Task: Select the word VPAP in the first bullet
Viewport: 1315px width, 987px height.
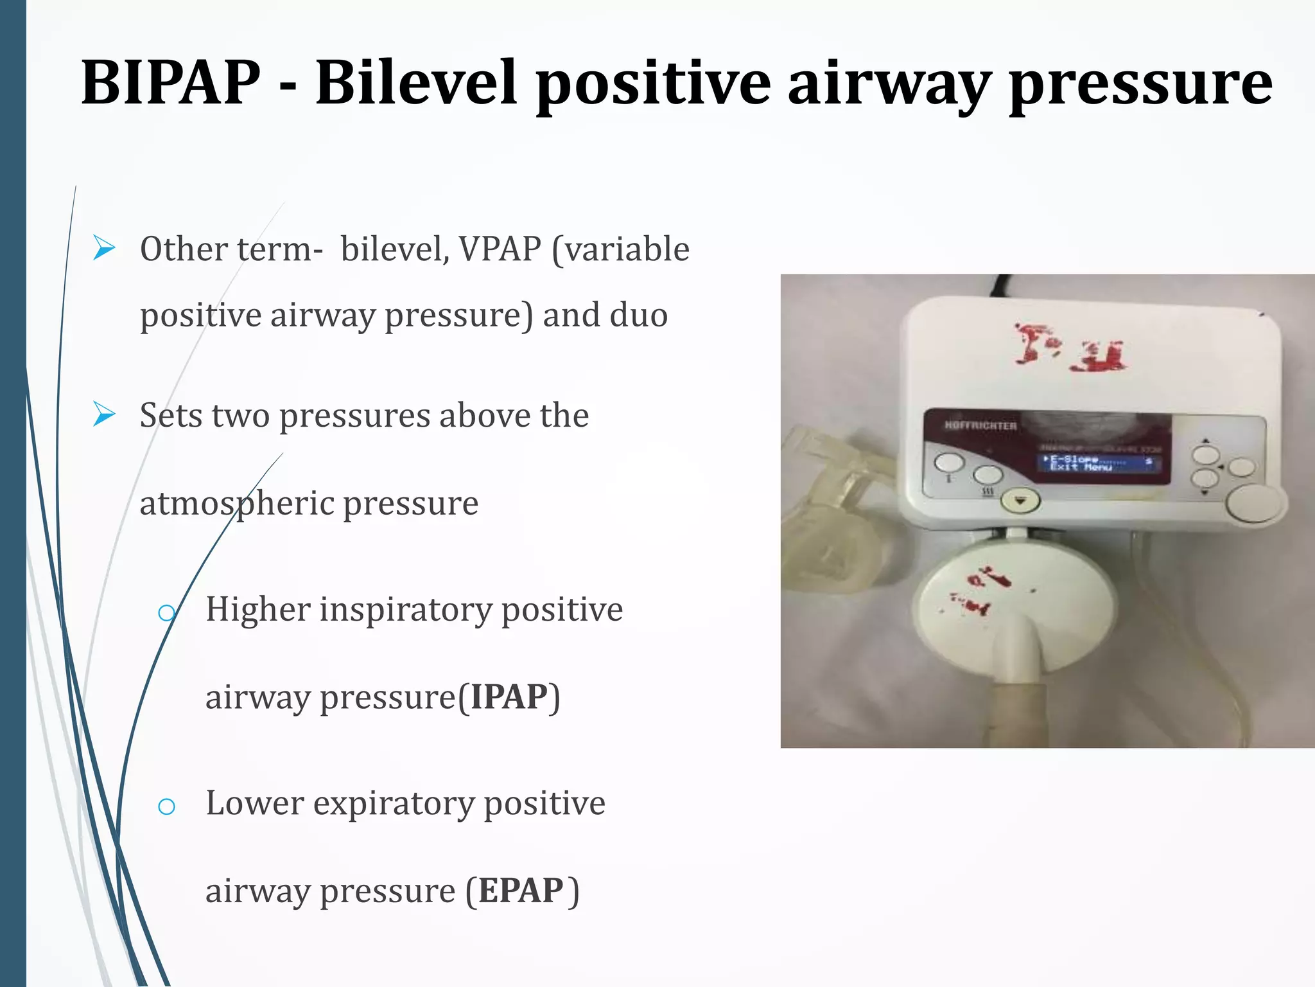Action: [500, 249]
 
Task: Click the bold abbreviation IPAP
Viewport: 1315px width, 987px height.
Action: [509, 697]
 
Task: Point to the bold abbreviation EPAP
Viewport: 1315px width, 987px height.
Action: [521, 891]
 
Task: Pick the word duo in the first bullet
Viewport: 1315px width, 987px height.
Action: [638, 315]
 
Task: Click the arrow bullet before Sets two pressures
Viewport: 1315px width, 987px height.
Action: [104, 414]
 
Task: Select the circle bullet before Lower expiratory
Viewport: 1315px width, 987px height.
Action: [166, 806]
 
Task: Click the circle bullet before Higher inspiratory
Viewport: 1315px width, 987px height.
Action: [166, 612]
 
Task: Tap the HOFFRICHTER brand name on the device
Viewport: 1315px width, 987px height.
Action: [980, 426]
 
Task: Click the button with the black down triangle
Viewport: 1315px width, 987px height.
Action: [1020, 500]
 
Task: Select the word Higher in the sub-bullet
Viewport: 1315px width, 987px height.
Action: [257, 609]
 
